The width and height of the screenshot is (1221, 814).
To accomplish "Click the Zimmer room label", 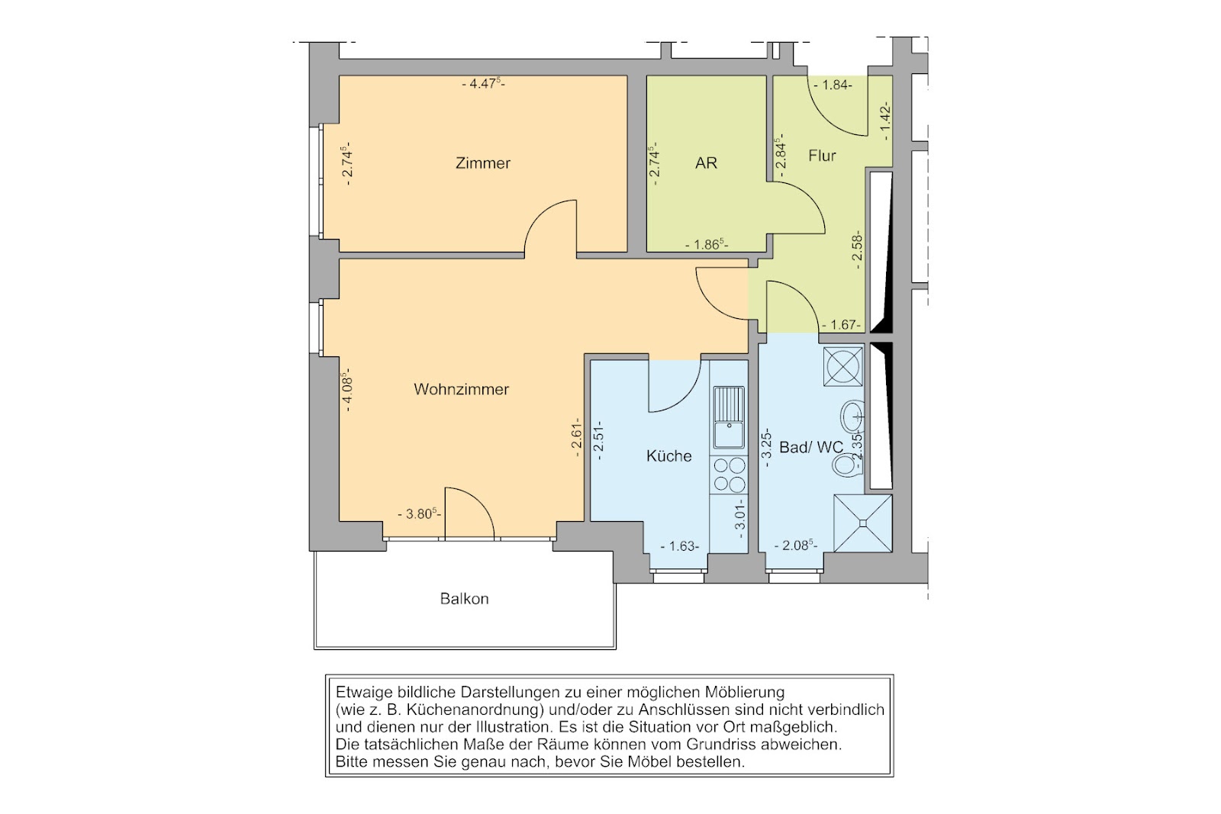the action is pos(483,163).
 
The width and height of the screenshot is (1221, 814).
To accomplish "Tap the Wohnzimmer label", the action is pos(461,389).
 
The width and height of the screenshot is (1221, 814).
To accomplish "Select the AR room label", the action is pos(706,163).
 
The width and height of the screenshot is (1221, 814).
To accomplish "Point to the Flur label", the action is pos(822,156).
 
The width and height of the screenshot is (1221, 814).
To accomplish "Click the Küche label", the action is pos(668,455).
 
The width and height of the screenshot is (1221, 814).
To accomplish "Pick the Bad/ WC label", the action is pos(811,447).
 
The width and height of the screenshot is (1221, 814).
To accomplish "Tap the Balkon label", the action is pos(465,599).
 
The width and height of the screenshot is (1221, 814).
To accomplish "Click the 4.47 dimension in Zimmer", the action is pos(484,84).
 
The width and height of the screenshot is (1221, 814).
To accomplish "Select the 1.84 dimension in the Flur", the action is pos(833,85).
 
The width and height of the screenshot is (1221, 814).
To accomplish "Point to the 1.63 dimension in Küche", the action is pos(680,546).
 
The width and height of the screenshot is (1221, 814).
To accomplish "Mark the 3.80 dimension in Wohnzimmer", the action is pos(419,513).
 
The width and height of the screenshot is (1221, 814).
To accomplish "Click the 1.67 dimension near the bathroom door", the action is pos(842,325).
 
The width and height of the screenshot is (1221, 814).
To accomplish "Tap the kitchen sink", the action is pos(729,417).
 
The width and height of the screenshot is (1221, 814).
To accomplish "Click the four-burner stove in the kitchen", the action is pos(729,475).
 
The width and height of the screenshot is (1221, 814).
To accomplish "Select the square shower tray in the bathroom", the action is pos(863,523).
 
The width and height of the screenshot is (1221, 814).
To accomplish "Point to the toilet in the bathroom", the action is pos(846,465).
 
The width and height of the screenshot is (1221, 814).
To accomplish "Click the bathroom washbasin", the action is pos(852,417).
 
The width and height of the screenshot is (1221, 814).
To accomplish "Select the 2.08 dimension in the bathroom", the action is pos(797,545).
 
